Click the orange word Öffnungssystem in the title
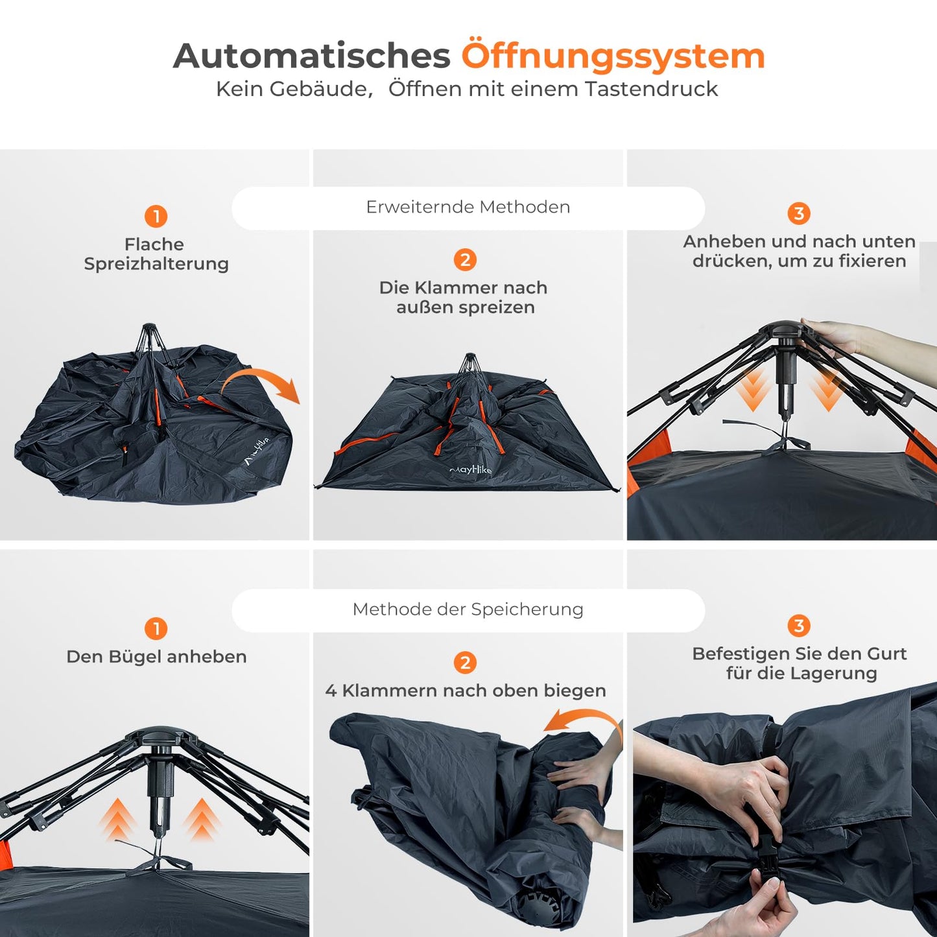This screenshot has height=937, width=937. [613, 56]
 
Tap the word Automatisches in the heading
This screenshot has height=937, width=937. [312, 56]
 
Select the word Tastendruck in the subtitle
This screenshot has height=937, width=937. [652, 89]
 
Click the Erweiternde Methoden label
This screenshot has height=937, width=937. [468, 207]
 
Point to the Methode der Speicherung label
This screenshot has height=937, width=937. [468, 610]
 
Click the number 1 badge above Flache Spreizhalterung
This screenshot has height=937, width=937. [156, 216]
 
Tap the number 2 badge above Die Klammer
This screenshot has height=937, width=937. [466, 259]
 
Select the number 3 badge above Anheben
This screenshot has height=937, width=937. [798, 213]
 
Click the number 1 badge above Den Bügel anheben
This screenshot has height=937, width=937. [156, 629]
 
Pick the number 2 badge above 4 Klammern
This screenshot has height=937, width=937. [466, 662]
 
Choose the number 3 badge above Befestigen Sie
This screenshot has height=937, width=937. [798, 626]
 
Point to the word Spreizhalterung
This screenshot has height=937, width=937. [156, 264]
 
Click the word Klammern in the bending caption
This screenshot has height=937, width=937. [390, 691]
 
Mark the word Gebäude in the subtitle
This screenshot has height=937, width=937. [320, 89]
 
